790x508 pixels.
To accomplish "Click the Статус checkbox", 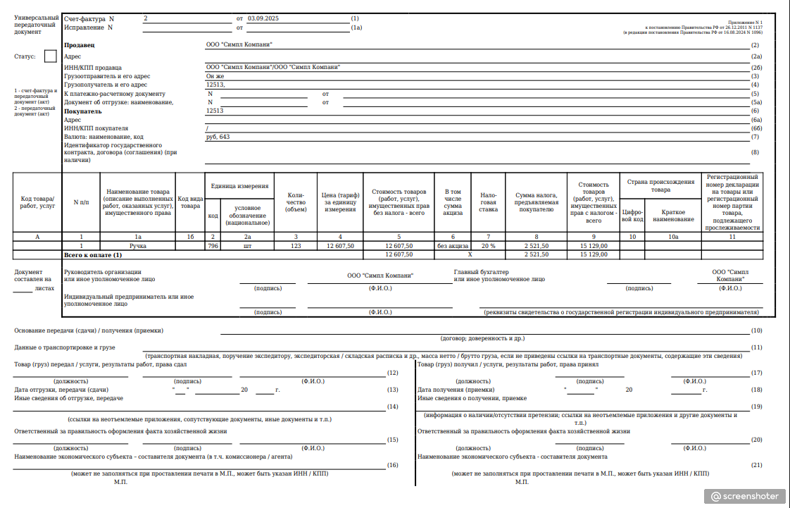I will [x=50, y=56].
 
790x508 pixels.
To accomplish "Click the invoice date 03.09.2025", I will [x=259, y=18].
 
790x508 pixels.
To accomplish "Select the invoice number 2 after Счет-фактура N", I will [x=146, y=18].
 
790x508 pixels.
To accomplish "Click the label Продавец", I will [x=78, y=45].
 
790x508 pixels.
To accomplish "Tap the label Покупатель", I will [x=82, y=111].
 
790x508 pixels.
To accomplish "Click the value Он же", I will [x=215, y=76].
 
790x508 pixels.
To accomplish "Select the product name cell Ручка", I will [x=138, y=246].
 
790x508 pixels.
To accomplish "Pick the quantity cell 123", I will [x=296, y=246].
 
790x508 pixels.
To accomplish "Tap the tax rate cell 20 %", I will [x=488, y=246].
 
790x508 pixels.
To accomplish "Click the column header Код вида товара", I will [x=189, y=203].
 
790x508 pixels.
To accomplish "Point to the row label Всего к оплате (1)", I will [x=93, y=254].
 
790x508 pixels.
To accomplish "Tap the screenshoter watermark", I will [x=746, y=496].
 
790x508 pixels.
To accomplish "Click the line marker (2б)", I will [x=757, y=68].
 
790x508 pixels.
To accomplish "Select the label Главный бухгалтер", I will [x=481, y=272].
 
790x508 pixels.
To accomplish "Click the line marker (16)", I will [x=393, y=465].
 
